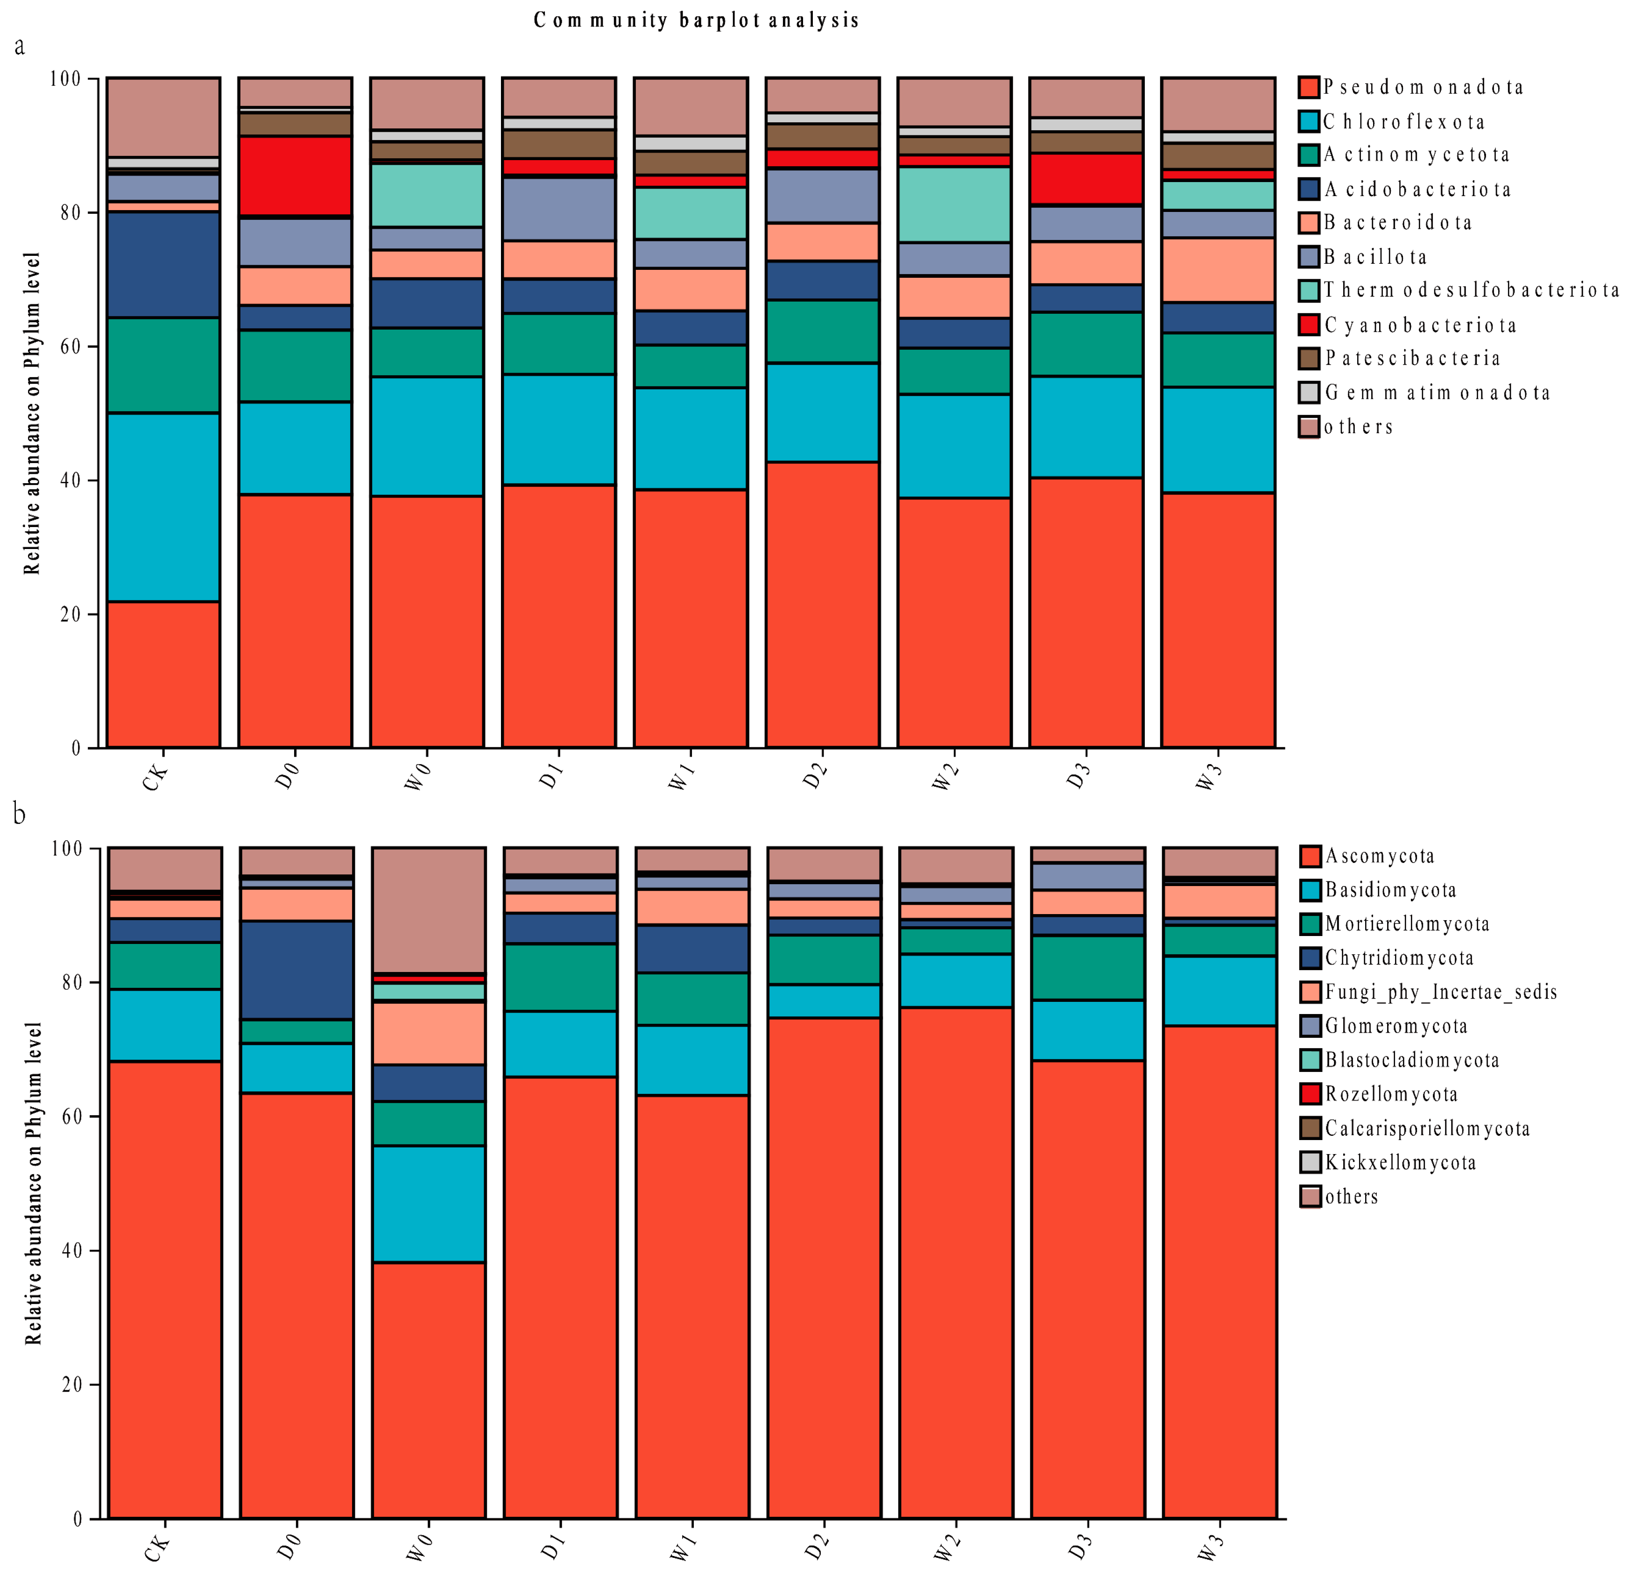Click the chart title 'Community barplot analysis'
[x=696, y=20]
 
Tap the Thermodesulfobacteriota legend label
[x=1470, y=290]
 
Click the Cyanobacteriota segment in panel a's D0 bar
[x=295, y=176]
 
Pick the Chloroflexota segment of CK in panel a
[x=163, y=507]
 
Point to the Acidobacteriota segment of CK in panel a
[x=163, y=264]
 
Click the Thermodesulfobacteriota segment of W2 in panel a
[x=954, y=204]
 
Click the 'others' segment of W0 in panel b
[x=429, y=909]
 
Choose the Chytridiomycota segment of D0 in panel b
[x=296, y=970]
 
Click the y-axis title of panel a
[x=32, y=413]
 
